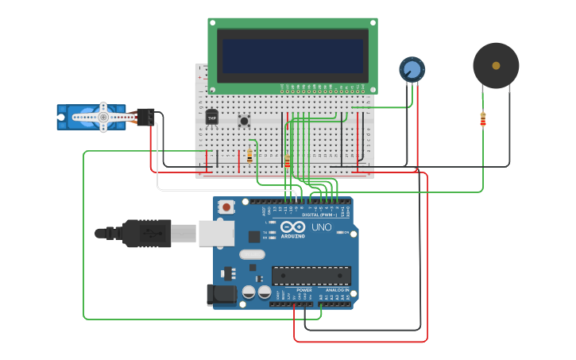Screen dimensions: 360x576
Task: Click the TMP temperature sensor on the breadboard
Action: click(211, 118)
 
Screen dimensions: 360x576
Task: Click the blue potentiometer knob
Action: click(412, 69)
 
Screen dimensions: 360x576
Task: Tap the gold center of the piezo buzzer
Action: click(496, 65)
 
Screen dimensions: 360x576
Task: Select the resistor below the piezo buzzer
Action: click(483, 119)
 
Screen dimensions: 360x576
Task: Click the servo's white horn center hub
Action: click(102, 117)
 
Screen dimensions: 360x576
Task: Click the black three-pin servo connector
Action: click(145, 117)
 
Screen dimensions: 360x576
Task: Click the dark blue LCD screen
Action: click(292, 56)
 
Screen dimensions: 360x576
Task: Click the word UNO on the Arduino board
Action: click(321, 227)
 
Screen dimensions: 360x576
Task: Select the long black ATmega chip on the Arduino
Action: click(311, 275)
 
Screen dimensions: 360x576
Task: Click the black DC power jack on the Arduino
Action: click(220, 294)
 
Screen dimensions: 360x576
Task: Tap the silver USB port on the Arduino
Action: click(215, 233)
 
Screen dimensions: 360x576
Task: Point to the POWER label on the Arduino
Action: click(303, 290)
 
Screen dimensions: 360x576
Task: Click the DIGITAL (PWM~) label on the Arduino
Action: click(319, 215)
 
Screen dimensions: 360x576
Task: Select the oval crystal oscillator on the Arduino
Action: click(251, 254)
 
